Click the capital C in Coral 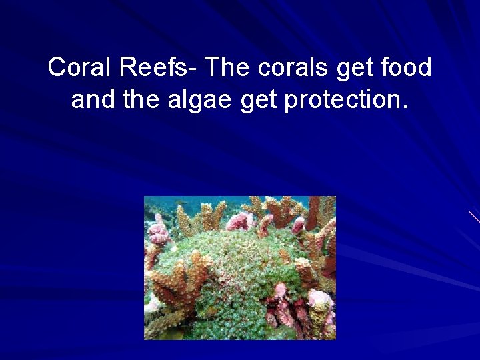(57, 68)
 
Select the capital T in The (213, 68)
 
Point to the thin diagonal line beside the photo (474, 217)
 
